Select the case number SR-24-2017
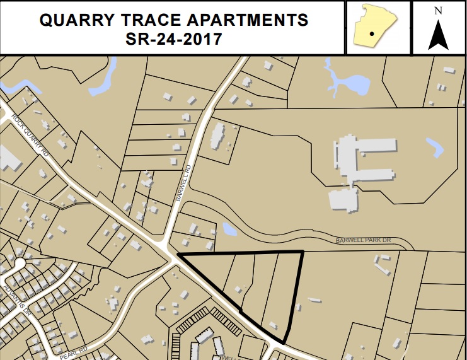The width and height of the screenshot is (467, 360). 173,39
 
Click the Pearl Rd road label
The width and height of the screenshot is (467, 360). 72,348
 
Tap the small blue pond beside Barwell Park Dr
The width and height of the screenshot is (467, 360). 229,229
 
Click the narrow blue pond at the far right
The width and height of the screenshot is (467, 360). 434,148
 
